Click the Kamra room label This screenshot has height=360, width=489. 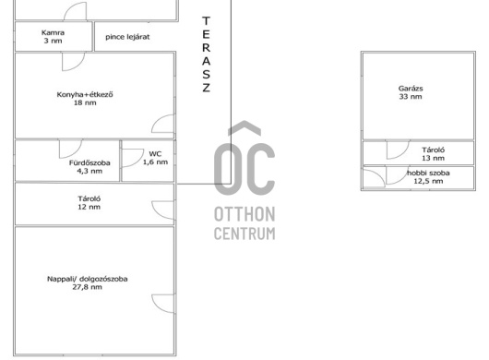pos(53,32)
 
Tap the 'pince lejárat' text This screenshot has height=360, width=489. pos(127,37)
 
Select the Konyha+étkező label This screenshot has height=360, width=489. pos(85,94)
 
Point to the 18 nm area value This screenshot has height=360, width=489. pos(85,102)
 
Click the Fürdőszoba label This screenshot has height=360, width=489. pos(89,162)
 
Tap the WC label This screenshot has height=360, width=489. pos(155,154)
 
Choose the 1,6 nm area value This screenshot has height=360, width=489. pos(155,162)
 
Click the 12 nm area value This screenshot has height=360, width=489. pos(89,207)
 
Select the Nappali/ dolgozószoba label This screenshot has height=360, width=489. pos(88,279)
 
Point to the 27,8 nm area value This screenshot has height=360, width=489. pos(88,287)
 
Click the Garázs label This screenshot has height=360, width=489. pos(411,89)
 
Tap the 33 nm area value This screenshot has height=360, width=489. pos(411,97)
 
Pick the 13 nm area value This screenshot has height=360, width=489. pos(433,158)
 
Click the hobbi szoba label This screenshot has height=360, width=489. pos(428,173)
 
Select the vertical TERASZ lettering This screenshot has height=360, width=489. pos(206,54)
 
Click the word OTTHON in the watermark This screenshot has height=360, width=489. pos(244,214)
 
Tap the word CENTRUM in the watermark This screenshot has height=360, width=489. pos(244,234)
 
